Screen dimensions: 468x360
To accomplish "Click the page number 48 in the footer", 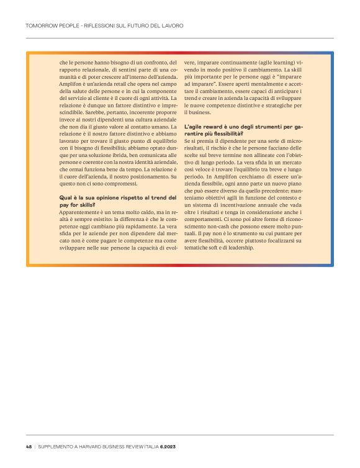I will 29,446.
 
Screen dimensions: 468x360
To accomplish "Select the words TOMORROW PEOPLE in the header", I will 51,26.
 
